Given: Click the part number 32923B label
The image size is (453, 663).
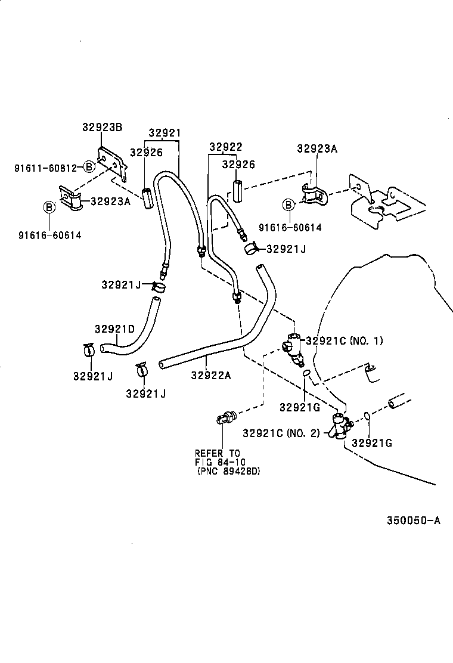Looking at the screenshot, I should click(x=102, y=127).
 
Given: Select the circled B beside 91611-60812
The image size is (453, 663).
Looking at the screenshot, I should click(x=88, y=167).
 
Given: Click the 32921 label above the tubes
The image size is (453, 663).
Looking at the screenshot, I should click(x=165, y=133).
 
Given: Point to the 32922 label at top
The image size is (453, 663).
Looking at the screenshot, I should click(x=225, y=147).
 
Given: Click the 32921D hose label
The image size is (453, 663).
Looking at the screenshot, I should click(x=114, y=329).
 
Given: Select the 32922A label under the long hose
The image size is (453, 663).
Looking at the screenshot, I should click(x=211, y=375).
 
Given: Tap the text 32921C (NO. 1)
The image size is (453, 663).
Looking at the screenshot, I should click(x=344, y=341).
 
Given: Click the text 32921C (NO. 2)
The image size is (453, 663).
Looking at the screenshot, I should click(x=281, y=433).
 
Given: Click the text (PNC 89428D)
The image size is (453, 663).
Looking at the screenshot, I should click(x=229, y=471).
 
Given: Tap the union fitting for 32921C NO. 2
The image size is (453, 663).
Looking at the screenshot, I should click(x=342, y=427).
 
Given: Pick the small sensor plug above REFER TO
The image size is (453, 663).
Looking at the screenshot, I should click(x=224, y=419).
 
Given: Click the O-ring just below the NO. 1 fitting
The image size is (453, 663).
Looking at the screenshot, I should click(x=306, y=374).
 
